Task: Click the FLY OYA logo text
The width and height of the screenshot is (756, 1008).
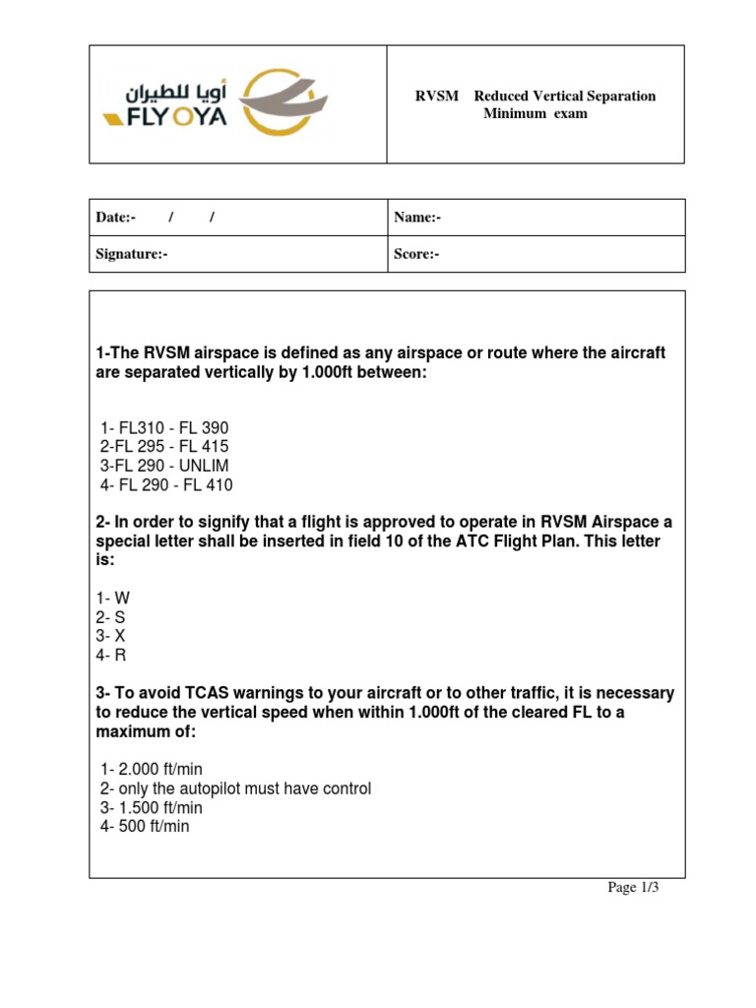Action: (164, 118)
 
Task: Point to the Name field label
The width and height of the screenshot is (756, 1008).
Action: (417, 218)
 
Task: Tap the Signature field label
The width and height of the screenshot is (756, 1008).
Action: (132, 254)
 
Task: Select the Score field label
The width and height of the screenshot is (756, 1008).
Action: (416, 254)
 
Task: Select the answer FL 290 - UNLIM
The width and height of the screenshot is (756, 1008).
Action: (163, 466)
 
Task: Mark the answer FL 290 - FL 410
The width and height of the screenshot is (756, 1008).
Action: (166, 485)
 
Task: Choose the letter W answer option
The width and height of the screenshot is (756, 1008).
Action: (112, 598)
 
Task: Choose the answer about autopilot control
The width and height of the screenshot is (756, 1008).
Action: (235, 789)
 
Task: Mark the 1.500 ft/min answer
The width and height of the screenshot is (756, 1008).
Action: (152, 808)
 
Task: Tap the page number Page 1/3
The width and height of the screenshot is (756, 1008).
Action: (632, 888)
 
